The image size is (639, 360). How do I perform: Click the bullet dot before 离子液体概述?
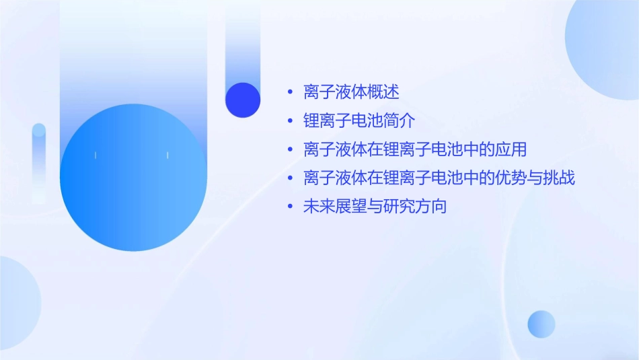tap(290, 92)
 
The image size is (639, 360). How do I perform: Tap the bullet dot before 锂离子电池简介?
tap(290, 121)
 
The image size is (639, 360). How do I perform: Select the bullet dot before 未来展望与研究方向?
tap(290, 207)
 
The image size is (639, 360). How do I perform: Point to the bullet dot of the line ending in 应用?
tap(290, 149)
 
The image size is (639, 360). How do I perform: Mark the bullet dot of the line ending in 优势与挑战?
tap(290, 178)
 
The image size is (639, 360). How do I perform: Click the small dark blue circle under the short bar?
tap(243, 100)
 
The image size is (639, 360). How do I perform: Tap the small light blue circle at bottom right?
tap(541, 324)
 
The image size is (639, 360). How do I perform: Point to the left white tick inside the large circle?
tap(96, 155)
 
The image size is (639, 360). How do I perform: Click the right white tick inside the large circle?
tap(167, 155)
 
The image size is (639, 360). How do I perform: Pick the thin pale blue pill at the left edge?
tap(39, 161)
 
